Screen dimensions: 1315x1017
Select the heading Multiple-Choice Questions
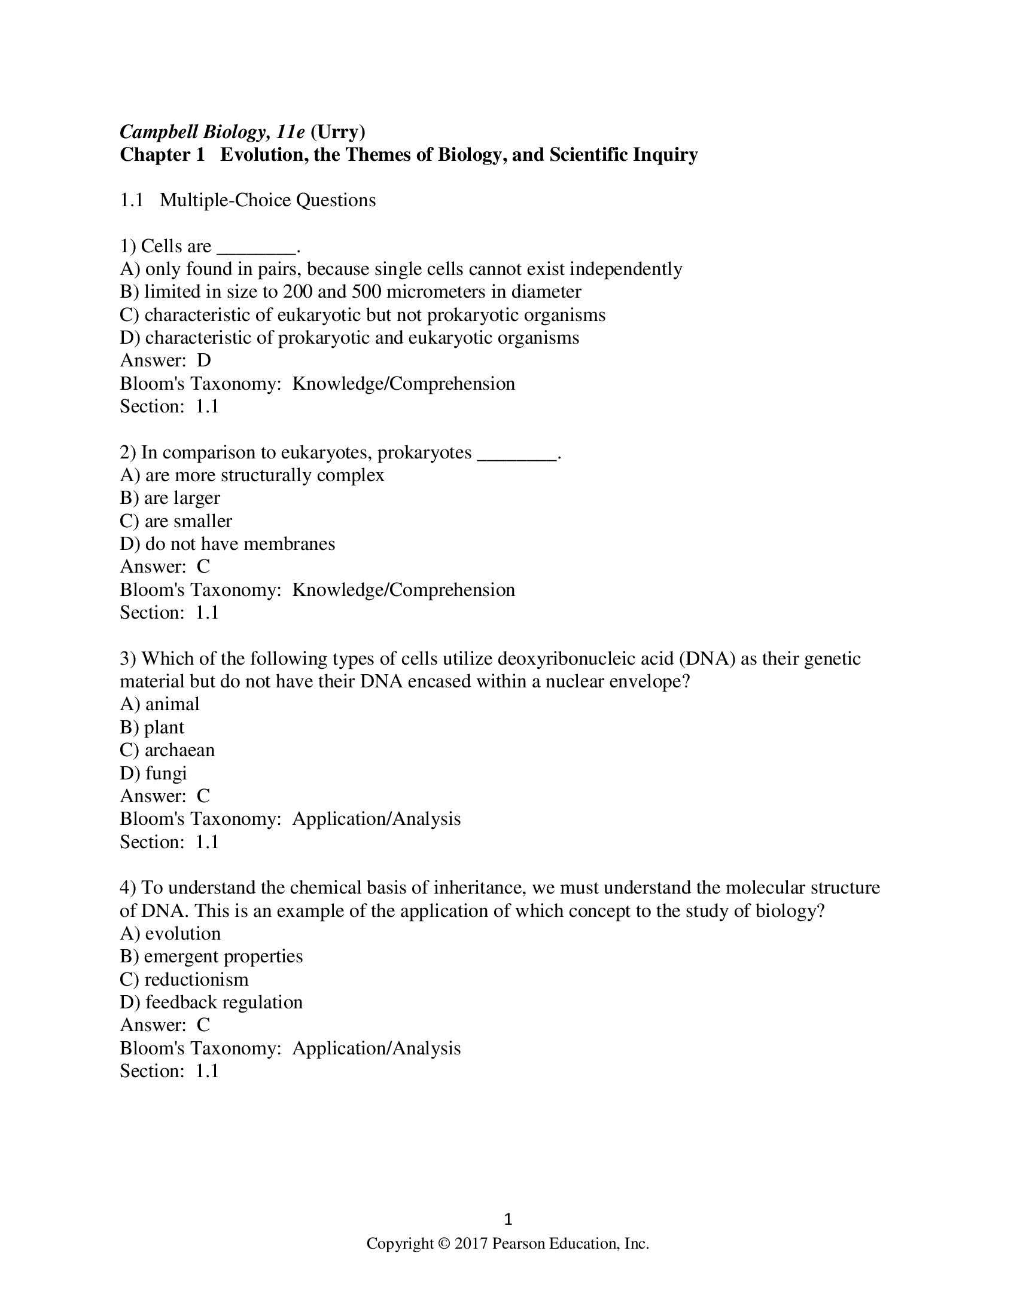(x=267, y=200)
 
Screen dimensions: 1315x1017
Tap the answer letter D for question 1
(x=203, y=360)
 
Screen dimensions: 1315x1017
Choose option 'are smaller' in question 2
(x=188, y=521)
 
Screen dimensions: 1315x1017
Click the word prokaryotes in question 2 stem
(x=424, y=453)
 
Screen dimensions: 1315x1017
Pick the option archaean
(x=179, y=750)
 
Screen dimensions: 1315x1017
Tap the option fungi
(x=166, y=773)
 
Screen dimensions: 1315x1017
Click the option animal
(x=172, y=705)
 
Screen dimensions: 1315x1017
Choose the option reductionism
(x=196, y=980)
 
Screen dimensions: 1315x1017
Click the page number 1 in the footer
(x=508, y=1220)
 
